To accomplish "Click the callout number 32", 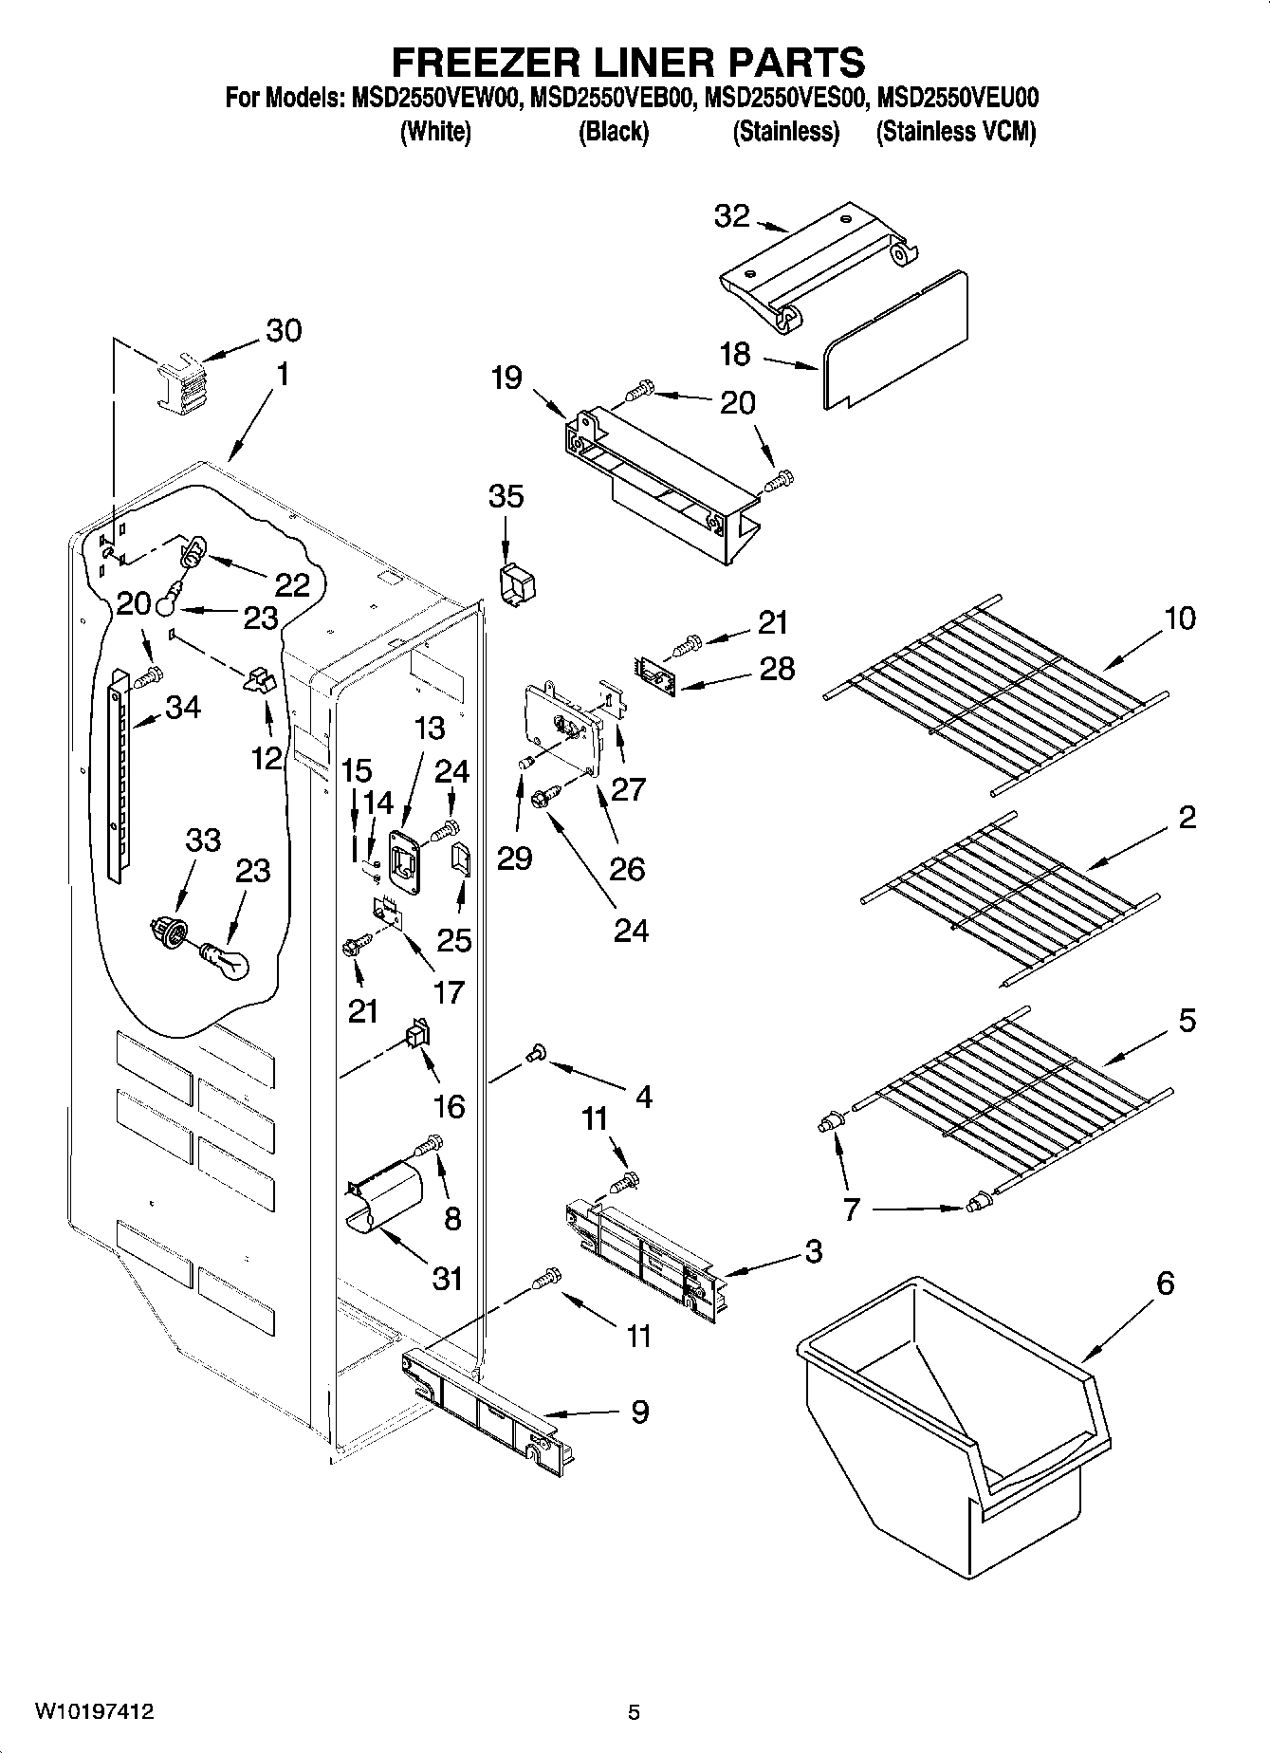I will tap(731, 216).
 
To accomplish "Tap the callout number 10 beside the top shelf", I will tap(1180, 619).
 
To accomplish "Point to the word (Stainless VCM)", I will tap(955, 132).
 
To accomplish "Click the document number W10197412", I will tap(94, 1712).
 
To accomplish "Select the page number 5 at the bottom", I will tap(634, 1712).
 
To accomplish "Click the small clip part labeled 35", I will tap(511, 586).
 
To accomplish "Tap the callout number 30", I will tap(283, 330).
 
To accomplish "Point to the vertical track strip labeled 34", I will tap(117, 773).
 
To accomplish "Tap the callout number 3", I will tap(813, 1251).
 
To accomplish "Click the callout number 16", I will tap(449, 1105).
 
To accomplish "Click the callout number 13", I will tap(429, 728).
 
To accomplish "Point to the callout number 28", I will tap(777, 668).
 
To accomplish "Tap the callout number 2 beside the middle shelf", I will tap(1187, 818).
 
